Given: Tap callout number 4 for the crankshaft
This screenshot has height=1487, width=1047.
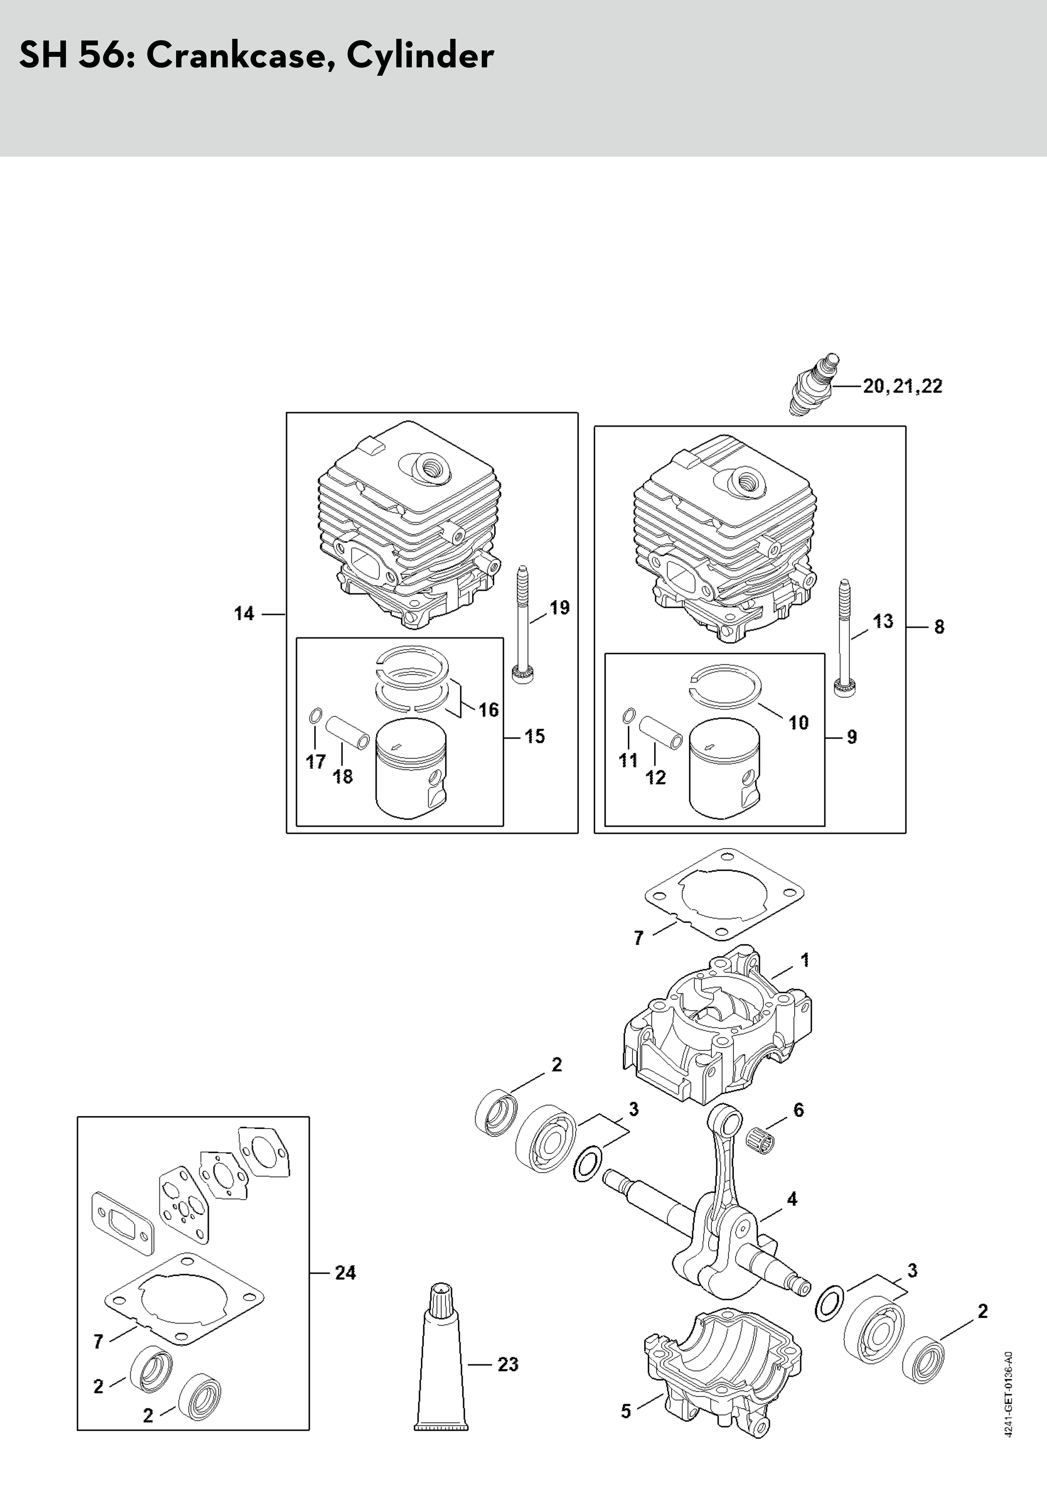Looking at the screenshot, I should click(792, 1199).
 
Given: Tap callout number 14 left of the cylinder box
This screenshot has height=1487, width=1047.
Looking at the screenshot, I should click(244, 613).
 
